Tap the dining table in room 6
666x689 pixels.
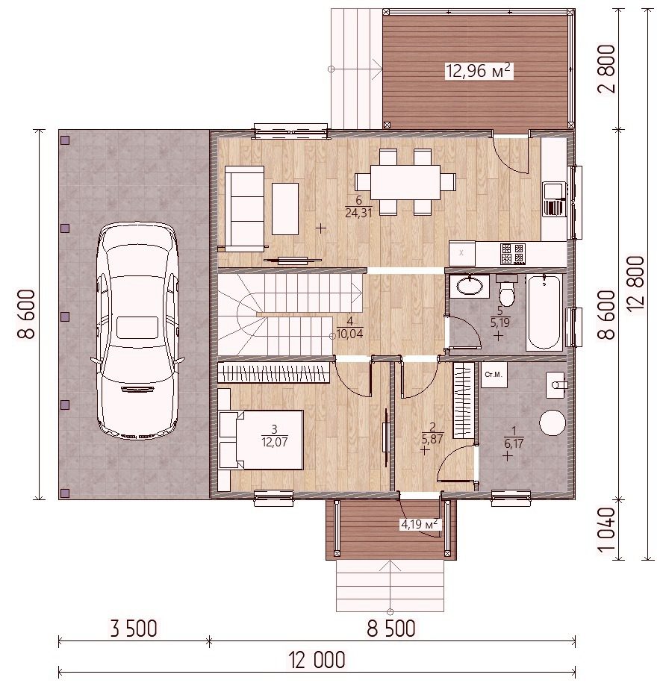tap(405, 182)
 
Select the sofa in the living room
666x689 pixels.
tap(245, 208)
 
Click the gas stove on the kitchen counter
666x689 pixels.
tap(512, 254)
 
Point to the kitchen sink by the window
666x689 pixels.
tap(553, 199)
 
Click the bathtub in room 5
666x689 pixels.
tap(544, 312)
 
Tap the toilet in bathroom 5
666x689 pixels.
tap(507, 290)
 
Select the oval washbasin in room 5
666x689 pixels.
tap(469, 286)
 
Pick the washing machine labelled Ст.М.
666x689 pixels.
tap(494, 375)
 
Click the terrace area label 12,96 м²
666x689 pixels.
tap(479, 70)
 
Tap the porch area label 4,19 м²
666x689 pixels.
tap(419, 524)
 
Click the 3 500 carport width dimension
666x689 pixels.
tap(134, 629)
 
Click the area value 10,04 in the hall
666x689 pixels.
tap(350, 334)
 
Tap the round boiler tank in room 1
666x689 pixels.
tap(553, 423)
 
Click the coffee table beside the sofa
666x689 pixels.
tap(285, 209)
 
